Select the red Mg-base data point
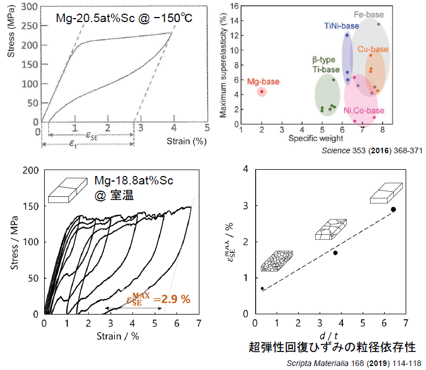click(261, 92)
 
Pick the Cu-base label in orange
click(373, 49)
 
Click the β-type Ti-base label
click(324, 65)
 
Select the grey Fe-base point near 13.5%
click(378, 24)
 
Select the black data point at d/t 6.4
click(393, 209)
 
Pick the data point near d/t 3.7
click(335, 253)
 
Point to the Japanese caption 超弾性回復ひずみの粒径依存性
click(332, 347)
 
